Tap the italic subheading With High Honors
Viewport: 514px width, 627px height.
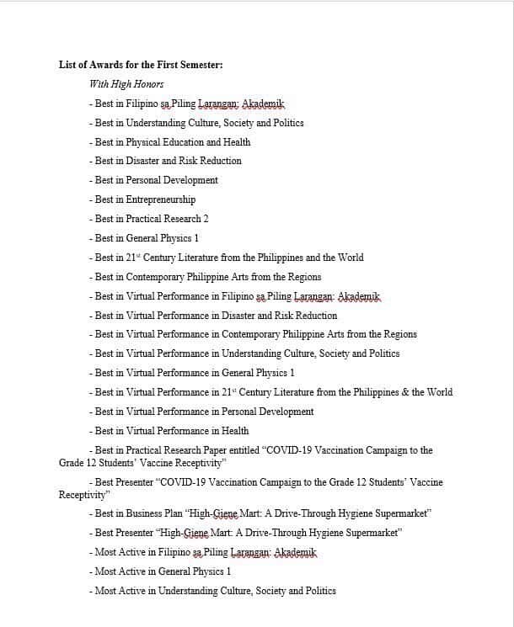126,84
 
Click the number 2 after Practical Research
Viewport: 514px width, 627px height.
206,219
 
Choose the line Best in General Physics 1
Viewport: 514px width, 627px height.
144,238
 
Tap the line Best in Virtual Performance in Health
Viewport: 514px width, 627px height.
169,431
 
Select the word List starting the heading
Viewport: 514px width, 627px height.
67,65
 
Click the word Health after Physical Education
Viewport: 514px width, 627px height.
237,142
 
